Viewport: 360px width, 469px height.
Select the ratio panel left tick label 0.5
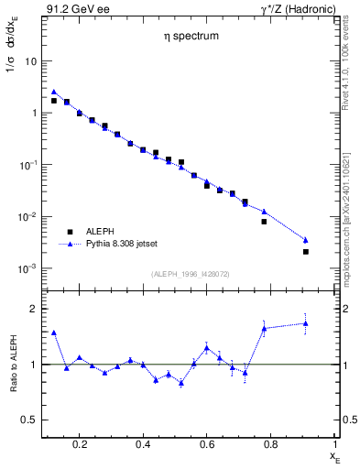click(30, 420)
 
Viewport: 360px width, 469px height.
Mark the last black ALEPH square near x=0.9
click(306, 251)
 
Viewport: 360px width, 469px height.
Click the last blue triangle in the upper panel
click(306, 239)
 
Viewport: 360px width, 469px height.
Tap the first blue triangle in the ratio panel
click(54, 333)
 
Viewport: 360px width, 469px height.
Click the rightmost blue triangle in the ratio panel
click(306, 322)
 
